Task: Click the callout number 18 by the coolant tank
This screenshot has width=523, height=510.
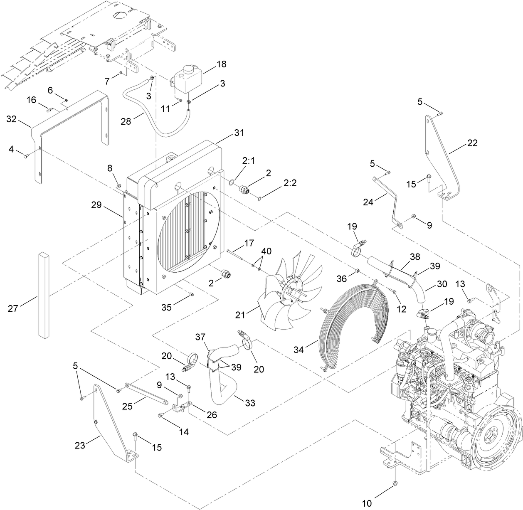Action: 221,64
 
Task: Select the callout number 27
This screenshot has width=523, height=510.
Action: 14,308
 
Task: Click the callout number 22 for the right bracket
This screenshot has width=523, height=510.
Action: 472,143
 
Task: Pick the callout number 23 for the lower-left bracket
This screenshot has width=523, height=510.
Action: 80,445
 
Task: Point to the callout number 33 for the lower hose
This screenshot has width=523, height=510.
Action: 250,403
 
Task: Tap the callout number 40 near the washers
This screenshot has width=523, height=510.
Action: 266,251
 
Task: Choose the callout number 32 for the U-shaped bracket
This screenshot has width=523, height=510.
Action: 12,119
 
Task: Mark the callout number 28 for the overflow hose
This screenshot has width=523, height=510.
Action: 126,121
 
